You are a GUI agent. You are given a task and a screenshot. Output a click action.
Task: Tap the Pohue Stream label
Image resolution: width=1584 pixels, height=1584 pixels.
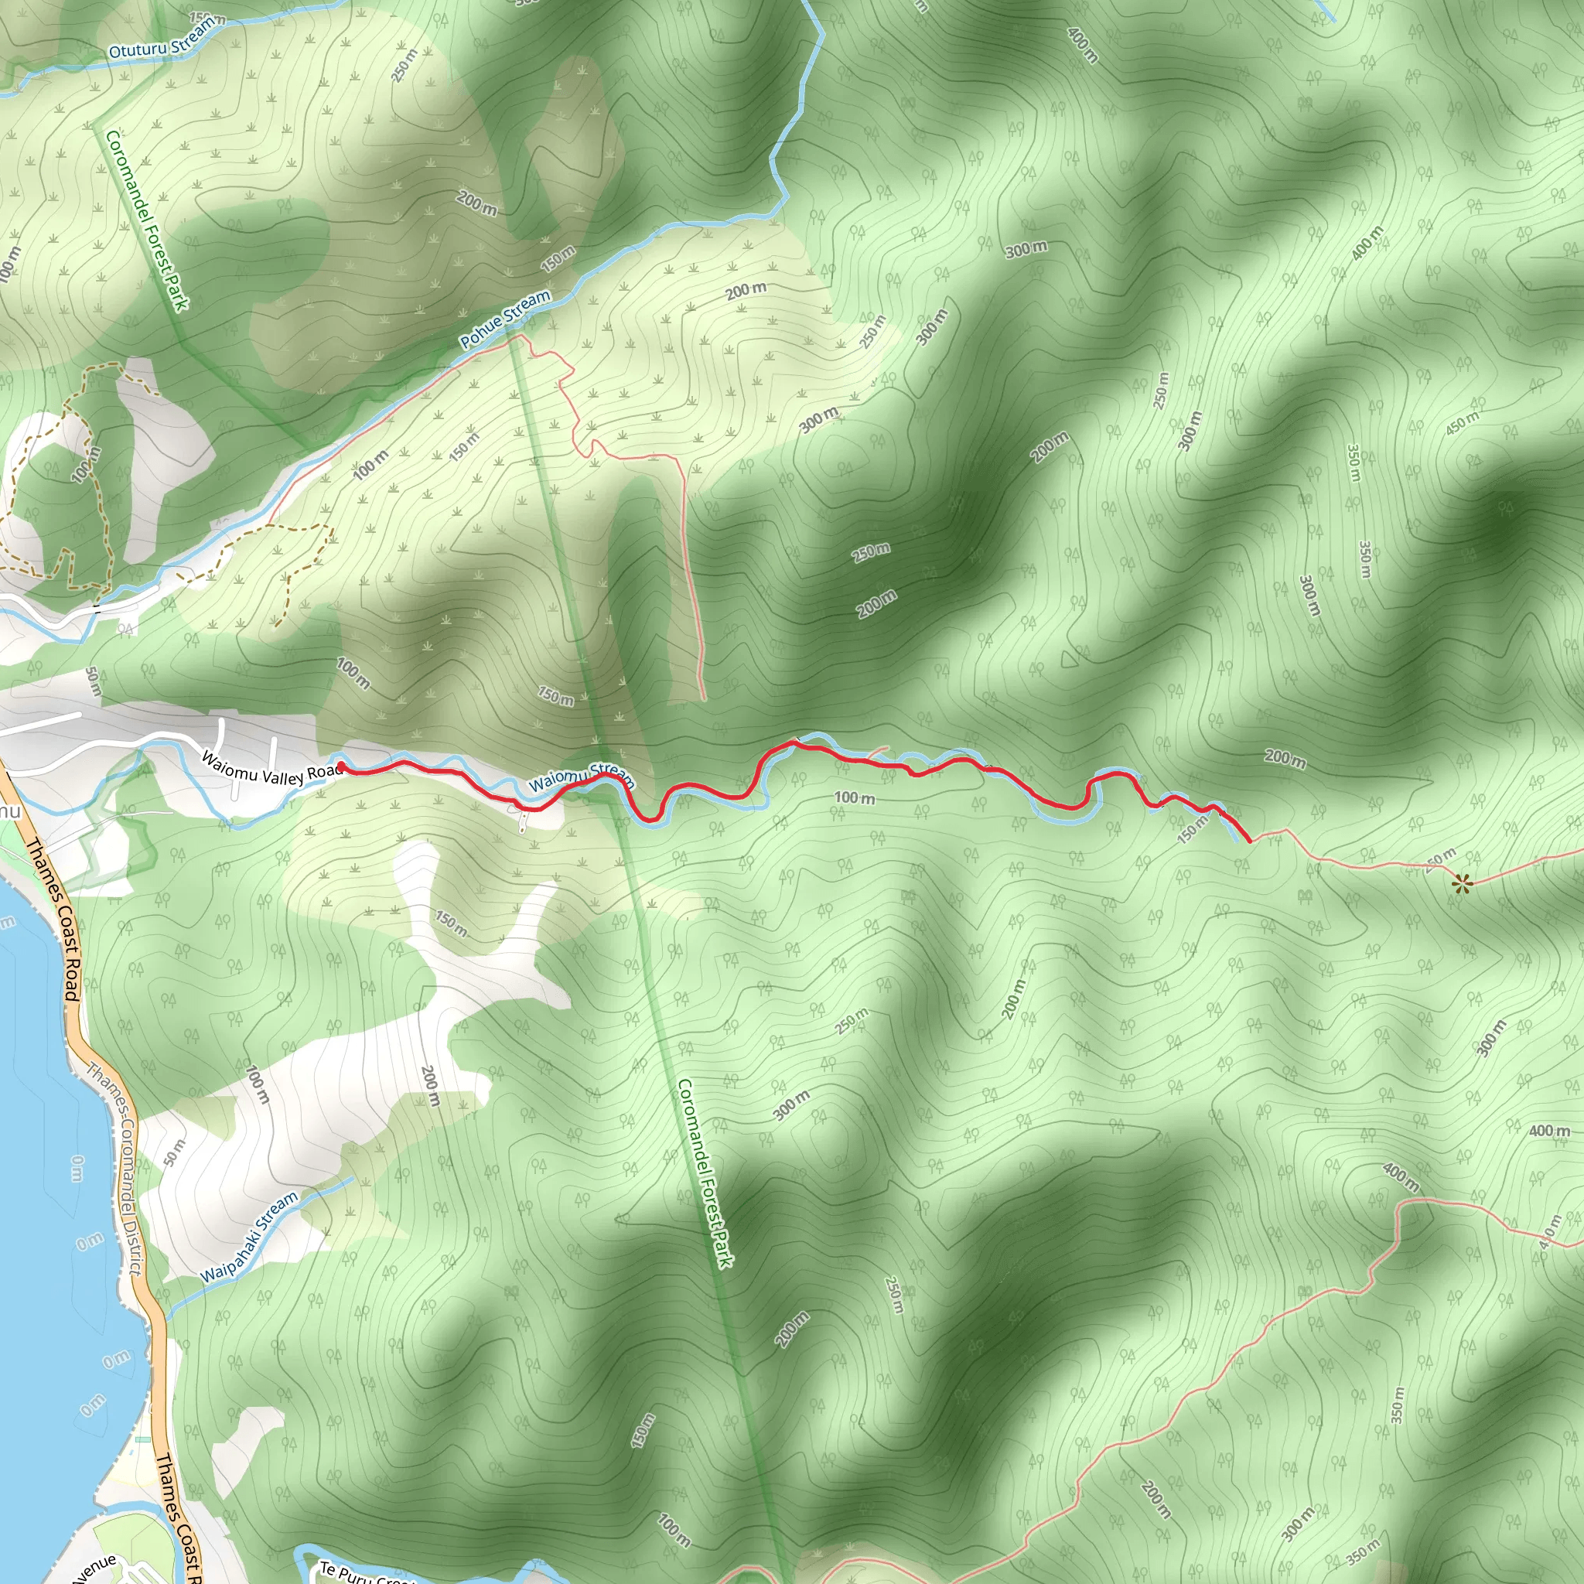(x=505, y=319)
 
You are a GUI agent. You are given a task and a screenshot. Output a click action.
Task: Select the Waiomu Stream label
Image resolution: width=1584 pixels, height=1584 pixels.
(x=582, y=776)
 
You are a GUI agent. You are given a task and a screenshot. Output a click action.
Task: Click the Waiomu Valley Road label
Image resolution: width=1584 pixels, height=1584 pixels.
(x=271, y=770)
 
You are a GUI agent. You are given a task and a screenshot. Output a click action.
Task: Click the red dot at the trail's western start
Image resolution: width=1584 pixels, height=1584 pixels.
(x=340, y=766)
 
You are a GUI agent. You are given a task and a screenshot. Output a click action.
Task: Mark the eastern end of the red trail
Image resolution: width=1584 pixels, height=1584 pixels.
(x=1250, y=841)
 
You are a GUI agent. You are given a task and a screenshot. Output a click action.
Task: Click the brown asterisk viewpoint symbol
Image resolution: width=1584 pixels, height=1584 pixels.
(x=1463, y=883)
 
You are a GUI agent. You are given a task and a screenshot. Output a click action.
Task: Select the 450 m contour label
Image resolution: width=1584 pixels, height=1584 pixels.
(x=1462, y=422)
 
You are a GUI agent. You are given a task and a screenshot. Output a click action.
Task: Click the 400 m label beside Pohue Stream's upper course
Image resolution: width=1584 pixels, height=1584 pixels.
(x=1082, y=45)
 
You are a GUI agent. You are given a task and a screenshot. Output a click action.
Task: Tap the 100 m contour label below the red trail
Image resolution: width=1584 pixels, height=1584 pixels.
(x=855, y=797)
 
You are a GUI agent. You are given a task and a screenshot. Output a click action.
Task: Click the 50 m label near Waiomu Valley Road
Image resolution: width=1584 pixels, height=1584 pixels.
(x=93, y=682)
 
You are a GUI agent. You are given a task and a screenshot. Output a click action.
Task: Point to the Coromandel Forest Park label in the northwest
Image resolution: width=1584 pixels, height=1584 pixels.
(x=147, y=220)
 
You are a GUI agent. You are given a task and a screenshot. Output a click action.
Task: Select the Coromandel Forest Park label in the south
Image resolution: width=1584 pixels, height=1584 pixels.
(x=705, y=1173)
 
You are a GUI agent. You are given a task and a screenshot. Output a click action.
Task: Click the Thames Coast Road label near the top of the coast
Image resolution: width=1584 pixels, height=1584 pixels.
(x=53, y=918)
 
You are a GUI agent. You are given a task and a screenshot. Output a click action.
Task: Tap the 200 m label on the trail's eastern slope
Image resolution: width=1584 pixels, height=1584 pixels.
(x=1285, y=759)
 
